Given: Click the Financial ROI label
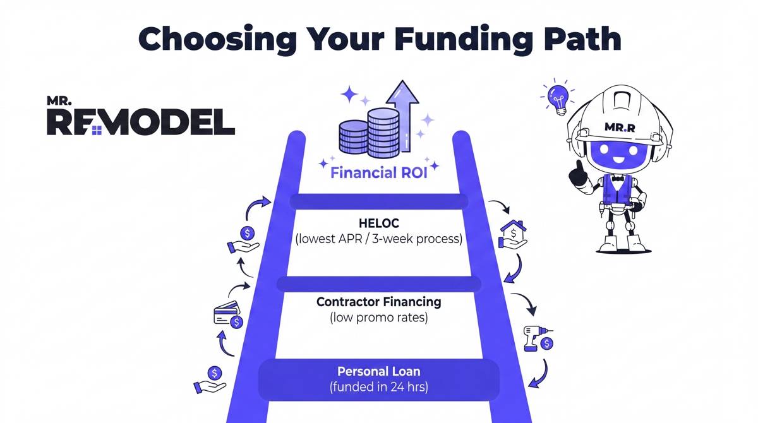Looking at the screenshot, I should (379, 172).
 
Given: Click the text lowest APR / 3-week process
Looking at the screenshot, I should (379, 240).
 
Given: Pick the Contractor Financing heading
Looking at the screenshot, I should (379, 302).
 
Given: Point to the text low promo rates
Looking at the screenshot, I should (379, 318).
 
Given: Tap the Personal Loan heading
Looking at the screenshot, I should (379, 371).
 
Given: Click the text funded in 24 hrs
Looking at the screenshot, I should (379, 386).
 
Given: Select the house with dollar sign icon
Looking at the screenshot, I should (513, 233).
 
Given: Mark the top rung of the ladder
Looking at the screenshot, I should (379, 201).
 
